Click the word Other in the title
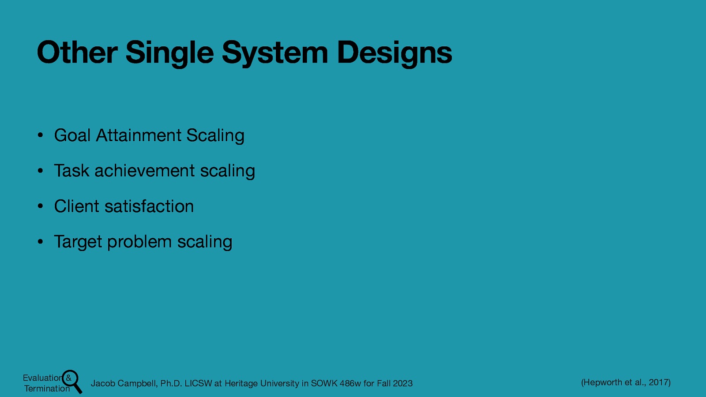pos(77,52)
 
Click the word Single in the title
pos(169,52)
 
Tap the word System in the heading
pos(275,52)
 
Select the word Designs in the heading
pos(394,52)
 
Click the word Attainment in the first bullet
pos(139,135)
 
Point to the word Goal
pos(72,135)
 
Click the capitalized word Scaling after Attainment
pos(215,135)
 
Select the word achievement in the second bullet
pos(144,171)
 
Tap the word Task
pos(71,171)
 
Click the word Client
pos(76,206)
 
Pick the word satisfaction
pos(149,206)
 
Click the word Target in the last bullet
pos(78,242)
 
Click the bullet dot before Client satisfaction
pos(40,206)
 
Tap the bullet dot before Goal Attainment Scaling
pos(40,135)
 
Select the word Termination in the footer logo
pos(47,389)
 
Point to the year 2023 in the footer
pos(402,383)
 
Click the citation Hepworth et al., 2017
pos(626,382)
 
